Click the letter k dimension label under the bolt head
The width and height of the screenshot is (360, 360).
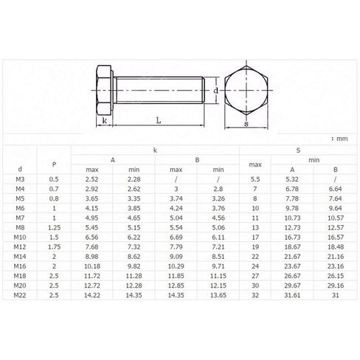click(x=105, y=120)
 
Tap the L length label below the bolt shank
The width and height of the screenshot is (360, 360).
click(x=159, y=120)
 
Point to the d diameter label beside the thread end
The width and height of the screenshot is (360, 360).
click(x=215, y=91)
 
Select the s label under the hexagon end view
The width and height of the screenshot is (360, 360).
click(x=246, y=124)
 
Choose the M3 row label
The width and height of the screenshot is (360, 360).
click(x=20, y=179)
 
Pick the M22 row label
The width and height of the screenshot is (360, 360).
click(x=20, y=295)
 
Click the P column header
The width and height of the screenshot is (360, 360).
click(x=54, y=165)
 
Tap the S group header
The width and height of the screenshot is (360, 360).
click(x=298, y=150)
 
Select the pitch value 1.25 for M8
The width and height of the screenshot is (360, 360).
click(x=54, y=227)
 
